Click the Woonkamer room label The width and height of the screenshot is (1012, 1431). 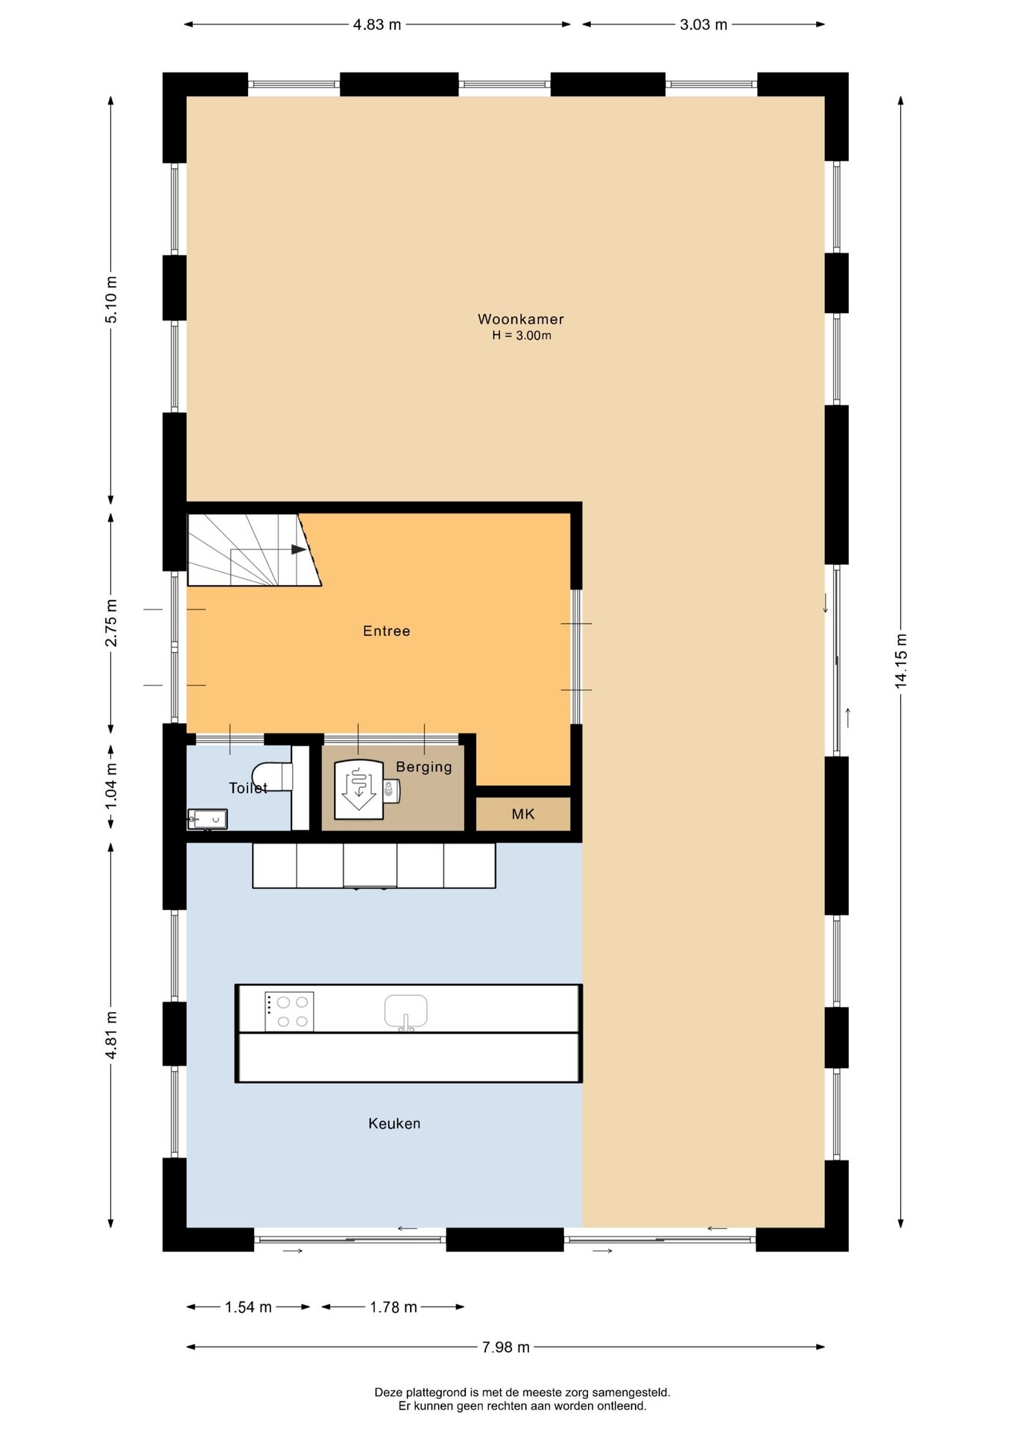(520, 319)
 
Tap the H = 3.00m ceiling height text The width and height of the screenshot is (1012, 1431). (522, 335)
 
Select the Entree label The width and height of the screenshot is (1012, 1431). (386, 631)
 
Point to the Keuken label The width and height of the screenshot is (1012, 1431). (394, 1123)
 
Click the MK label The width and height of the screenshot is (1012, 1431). (523, 814)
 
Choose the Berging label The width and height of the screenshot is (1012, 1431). (424, 767)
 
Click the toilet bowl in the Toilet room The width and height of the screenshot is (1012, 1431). (271, 776)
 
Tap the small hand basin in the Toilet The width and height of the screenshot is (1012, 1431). (207, 819)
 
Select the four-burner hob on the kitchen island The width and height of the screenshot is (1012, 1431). (289, 1011)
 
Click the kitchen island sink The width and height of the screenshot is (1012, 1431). (406, 1012)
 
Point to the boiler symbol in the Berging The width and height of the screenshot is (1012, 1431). (359, 789)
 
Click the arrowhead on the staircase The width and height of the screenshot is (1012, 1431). (299, 549)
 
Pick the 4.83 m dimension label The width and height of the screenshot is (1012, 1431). (377, 25)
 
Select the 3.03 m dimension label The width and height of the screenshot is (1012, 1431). (703, 25)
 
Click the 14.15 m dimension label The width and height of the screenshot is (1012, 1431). (902, 660)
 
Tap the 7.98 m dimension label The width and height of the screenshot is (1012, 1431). (506, 1347)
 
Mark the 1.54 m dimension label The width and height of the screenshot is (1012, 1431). (248, 1307)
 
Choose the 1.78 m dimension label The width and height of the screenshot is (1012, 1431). (393, 1307)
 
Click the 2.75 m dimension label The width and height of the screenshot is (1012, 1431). (111, 623)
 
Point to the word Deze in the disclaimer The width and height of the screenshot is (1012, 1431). (388, 1392)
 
